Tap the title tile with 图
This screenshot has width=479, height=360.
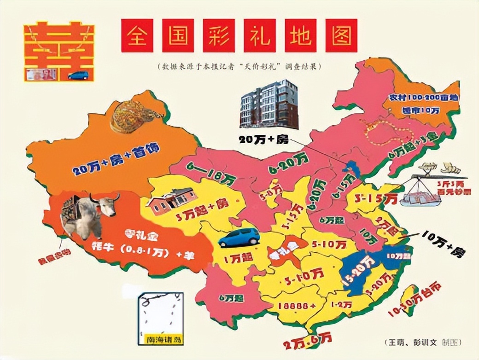(x=341, y=35)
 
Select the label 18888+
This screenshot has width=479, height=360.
(x=297, y=306)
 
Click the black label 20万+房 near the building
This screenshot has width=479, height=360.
(x=263, y=139)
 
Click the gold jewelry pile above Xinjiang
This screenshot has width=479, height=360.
(x=134, y=116)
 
